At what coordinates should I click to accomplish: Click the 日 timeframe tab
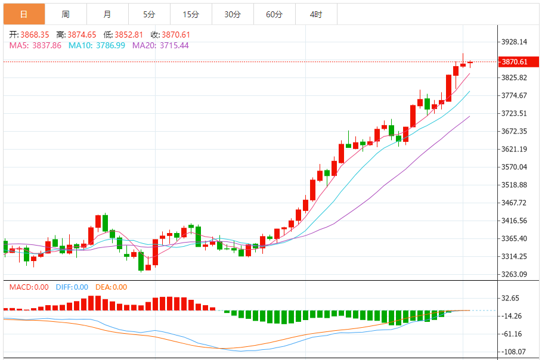coord(24,14)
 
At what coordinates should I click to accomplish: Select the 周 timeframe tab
coord(65,14)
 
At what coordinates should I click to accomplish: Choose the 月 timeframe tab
coord(107,14)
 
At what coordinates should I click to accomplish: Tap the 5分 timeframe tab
coord(149,14)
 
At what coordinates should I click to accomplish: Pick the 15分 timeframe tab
coord(191,14)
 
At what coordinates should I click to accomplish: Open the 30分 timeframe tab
coord(233,14)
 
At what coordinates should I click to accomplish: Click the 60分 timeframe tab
coord(274,14)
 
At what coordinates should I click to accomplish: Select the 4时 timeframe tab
coord(316,14)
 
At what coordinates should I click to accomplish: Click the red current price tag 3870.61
coord(515,62)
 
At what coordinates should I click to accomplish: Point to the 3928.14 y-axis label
coord(515,42)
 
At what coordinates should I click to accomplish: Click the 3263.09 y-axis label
coord(515,275)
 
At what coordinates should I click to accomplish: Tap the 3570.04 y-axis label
coord(515,167)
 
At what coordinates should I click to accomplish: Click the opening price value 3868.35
coord(35,35)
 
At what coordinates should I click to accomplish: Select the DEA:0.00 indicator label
coord(111,287)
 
